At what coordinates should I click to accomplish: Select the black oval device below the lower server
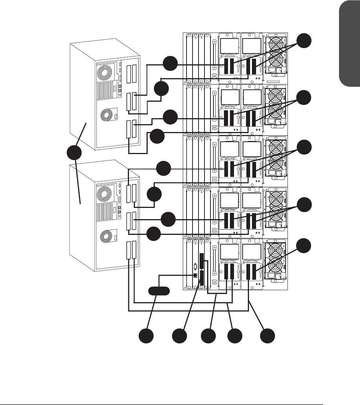pos(159,291)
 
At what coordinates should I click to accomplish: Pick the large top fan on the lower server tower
pos(104,194)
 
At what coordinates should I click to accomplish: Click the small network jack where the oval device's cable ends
pos(195,276)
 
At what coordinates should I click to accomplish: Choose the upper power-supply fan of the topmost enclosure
pos(277,44)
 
